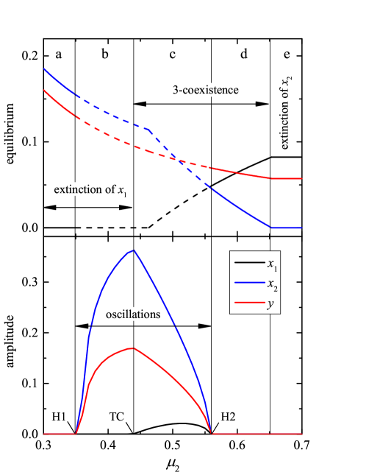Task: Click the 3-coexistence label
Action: tap(206, 90)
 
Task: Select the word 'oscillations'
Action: tap(133, 314)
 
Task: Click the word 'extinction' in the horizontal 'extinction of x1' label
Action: tap(77, 190)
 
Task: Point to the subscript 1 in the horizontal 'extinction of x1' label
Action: tap(126, 195)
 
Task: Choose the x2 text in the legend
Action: tap(272, 284)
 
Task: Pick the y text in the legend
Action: tap(271, 303)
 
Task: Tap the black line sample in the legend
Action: tap(246, 263)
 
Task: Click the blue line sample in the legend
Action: tap(246, 283)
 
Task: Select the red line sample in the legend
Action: tap(246, 302)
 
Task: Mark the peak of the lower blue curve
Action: tap(133, 250)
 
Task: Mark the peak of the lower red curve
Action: tap(133, 348)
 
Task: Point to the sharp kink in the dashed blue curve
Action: tap(150, 130)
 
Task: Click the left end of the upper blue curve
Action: tap(44, 68)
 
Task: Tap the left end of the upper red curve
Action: tap(44, 90)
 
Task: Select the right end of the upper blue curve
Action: tap(301, 228)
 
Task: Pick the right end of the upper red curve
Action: tap(301, 178)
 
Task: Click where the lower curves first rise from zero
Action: tap(76, 434)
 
